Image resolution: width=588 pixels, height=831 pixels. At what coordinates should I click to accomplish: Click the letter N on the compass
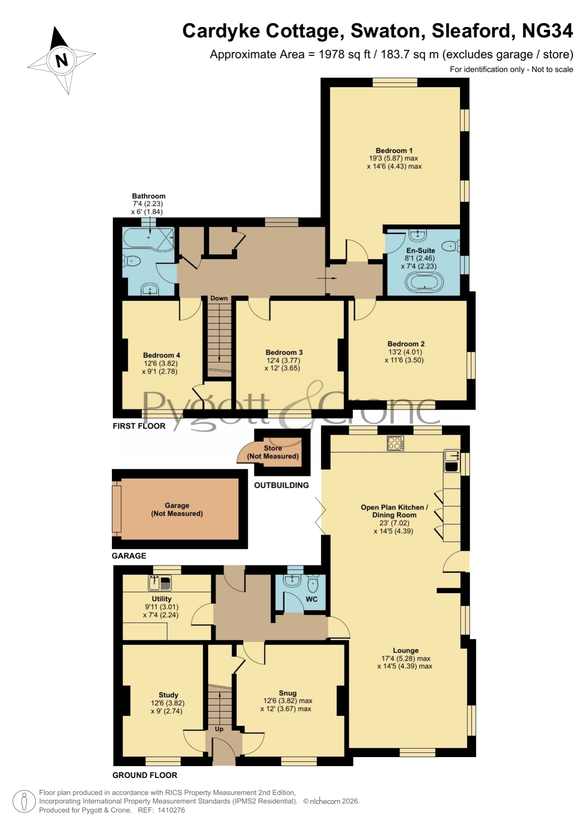coord(62,60)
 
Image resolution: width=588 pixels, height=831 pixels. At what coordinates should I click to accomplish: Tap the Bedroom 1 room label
coord(394,151)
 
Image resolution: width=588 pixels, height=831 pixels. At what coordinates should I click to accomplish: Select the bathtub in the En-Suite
coord(425,282)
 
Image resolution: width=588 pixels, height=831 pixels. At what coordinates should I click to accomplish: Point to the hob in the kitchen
coord(396,443)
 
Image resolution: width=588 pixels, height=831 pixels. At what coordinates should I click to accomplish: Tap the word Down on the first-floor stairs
coord(219,298)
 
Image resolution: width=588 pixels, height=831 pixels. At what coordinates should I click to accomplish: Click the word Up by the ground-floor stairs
coord(219,729)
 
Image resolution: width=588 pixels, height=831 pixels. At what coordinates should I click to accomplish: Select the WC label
coord(312,599)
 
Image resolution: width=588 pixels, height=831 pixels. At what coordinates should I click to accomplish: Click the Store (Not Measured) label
coord(273,452)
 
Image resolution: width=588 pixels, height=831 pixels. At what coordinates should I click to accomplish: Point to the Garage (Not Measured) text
coord(177,509)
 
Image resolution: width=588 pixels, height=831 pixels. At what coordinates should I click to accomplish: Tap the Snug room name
coord(288,693)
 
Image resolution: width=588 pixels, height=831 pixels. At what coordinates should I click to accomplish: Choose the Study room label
coord(168,695)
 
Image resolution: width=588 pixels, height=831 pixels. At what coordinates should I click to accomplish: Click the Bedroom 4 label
coord(162,355)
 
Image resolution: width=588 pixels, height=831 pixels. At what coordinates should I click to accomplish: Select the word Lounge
coord(406,651)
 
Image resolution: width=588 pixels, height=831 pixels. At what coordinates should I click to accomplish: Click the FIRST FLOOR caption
coord(139,426)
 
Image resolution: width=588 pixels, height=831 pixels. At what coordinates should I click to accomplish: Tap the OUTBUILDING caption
coord(281,485)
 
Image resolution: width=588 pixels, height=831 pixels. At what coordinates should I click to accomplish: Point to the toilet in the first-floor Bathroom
coord(132,260)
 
